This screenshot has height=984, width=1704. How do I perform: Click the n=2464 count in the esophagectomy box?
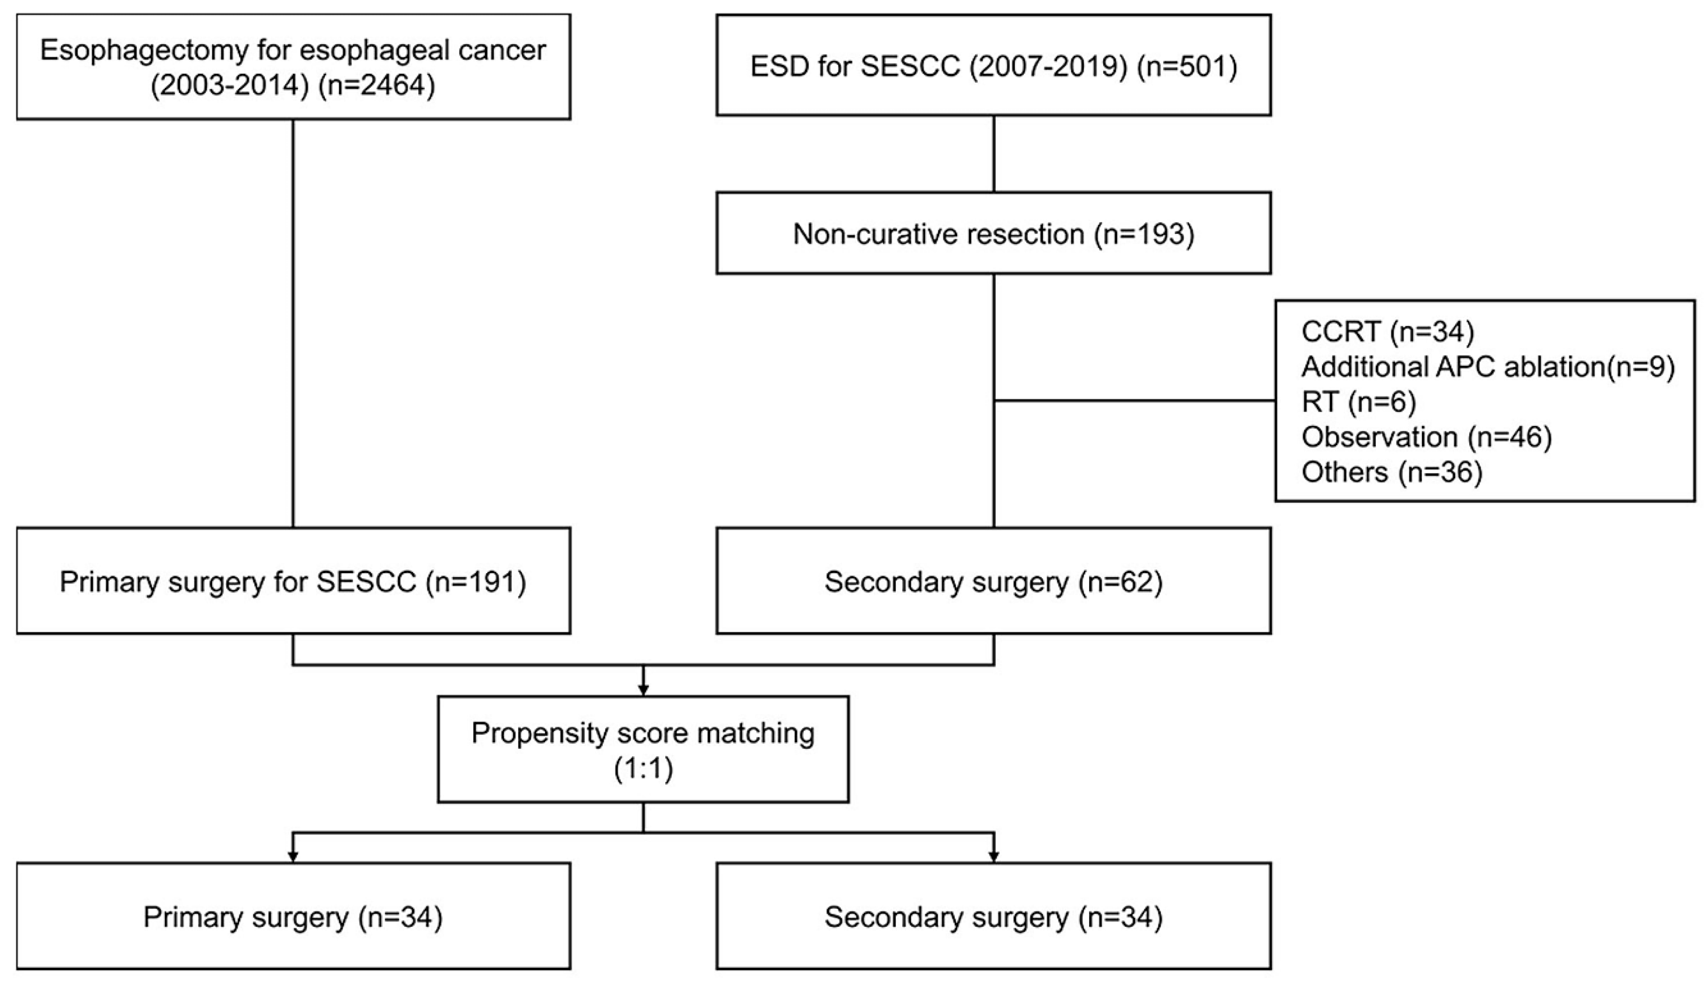(x=377, y=86)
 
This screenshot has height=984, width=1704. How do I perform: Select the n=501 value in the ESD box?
(x=1187, y=67)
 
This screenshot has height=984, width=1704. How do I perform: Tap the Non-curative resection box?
(x=993, y=234)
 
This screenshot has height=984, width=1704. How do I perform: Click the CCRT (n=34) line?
(x=1387, y=332)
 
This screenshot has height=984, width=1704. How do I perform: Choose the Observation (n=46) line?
(x=1426, y=437)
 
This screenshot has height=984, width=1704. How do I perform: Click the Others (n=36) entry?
(x=1392, y=472)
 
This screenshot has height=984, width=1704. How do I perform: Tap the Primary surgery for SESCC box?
(x=293, y=582)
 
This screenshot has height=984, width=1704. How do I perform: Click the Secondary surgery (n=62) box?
(x=993, y=582)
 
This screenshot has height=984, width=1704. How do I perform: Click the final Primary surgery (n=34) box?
(x=293, y=917)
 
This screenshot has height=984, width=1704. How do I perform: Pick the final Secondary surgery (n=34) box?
(x=993, y=917)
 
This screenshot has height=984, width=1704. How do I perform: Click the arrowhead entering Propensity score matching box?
(x=643, y=690)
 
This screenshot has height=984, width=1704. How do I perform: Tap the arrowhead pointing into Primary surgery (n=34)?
(x=293, y=857)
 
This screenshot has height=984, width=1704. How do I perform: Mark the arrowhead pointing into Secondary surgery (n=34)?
(x=993, y=857)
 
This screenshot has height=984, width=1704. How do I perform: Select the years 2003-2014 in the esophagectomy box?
(x=230, y=86)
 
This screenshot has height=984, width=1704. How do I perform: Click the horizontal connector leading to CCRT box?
(x=1135, y=401)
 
